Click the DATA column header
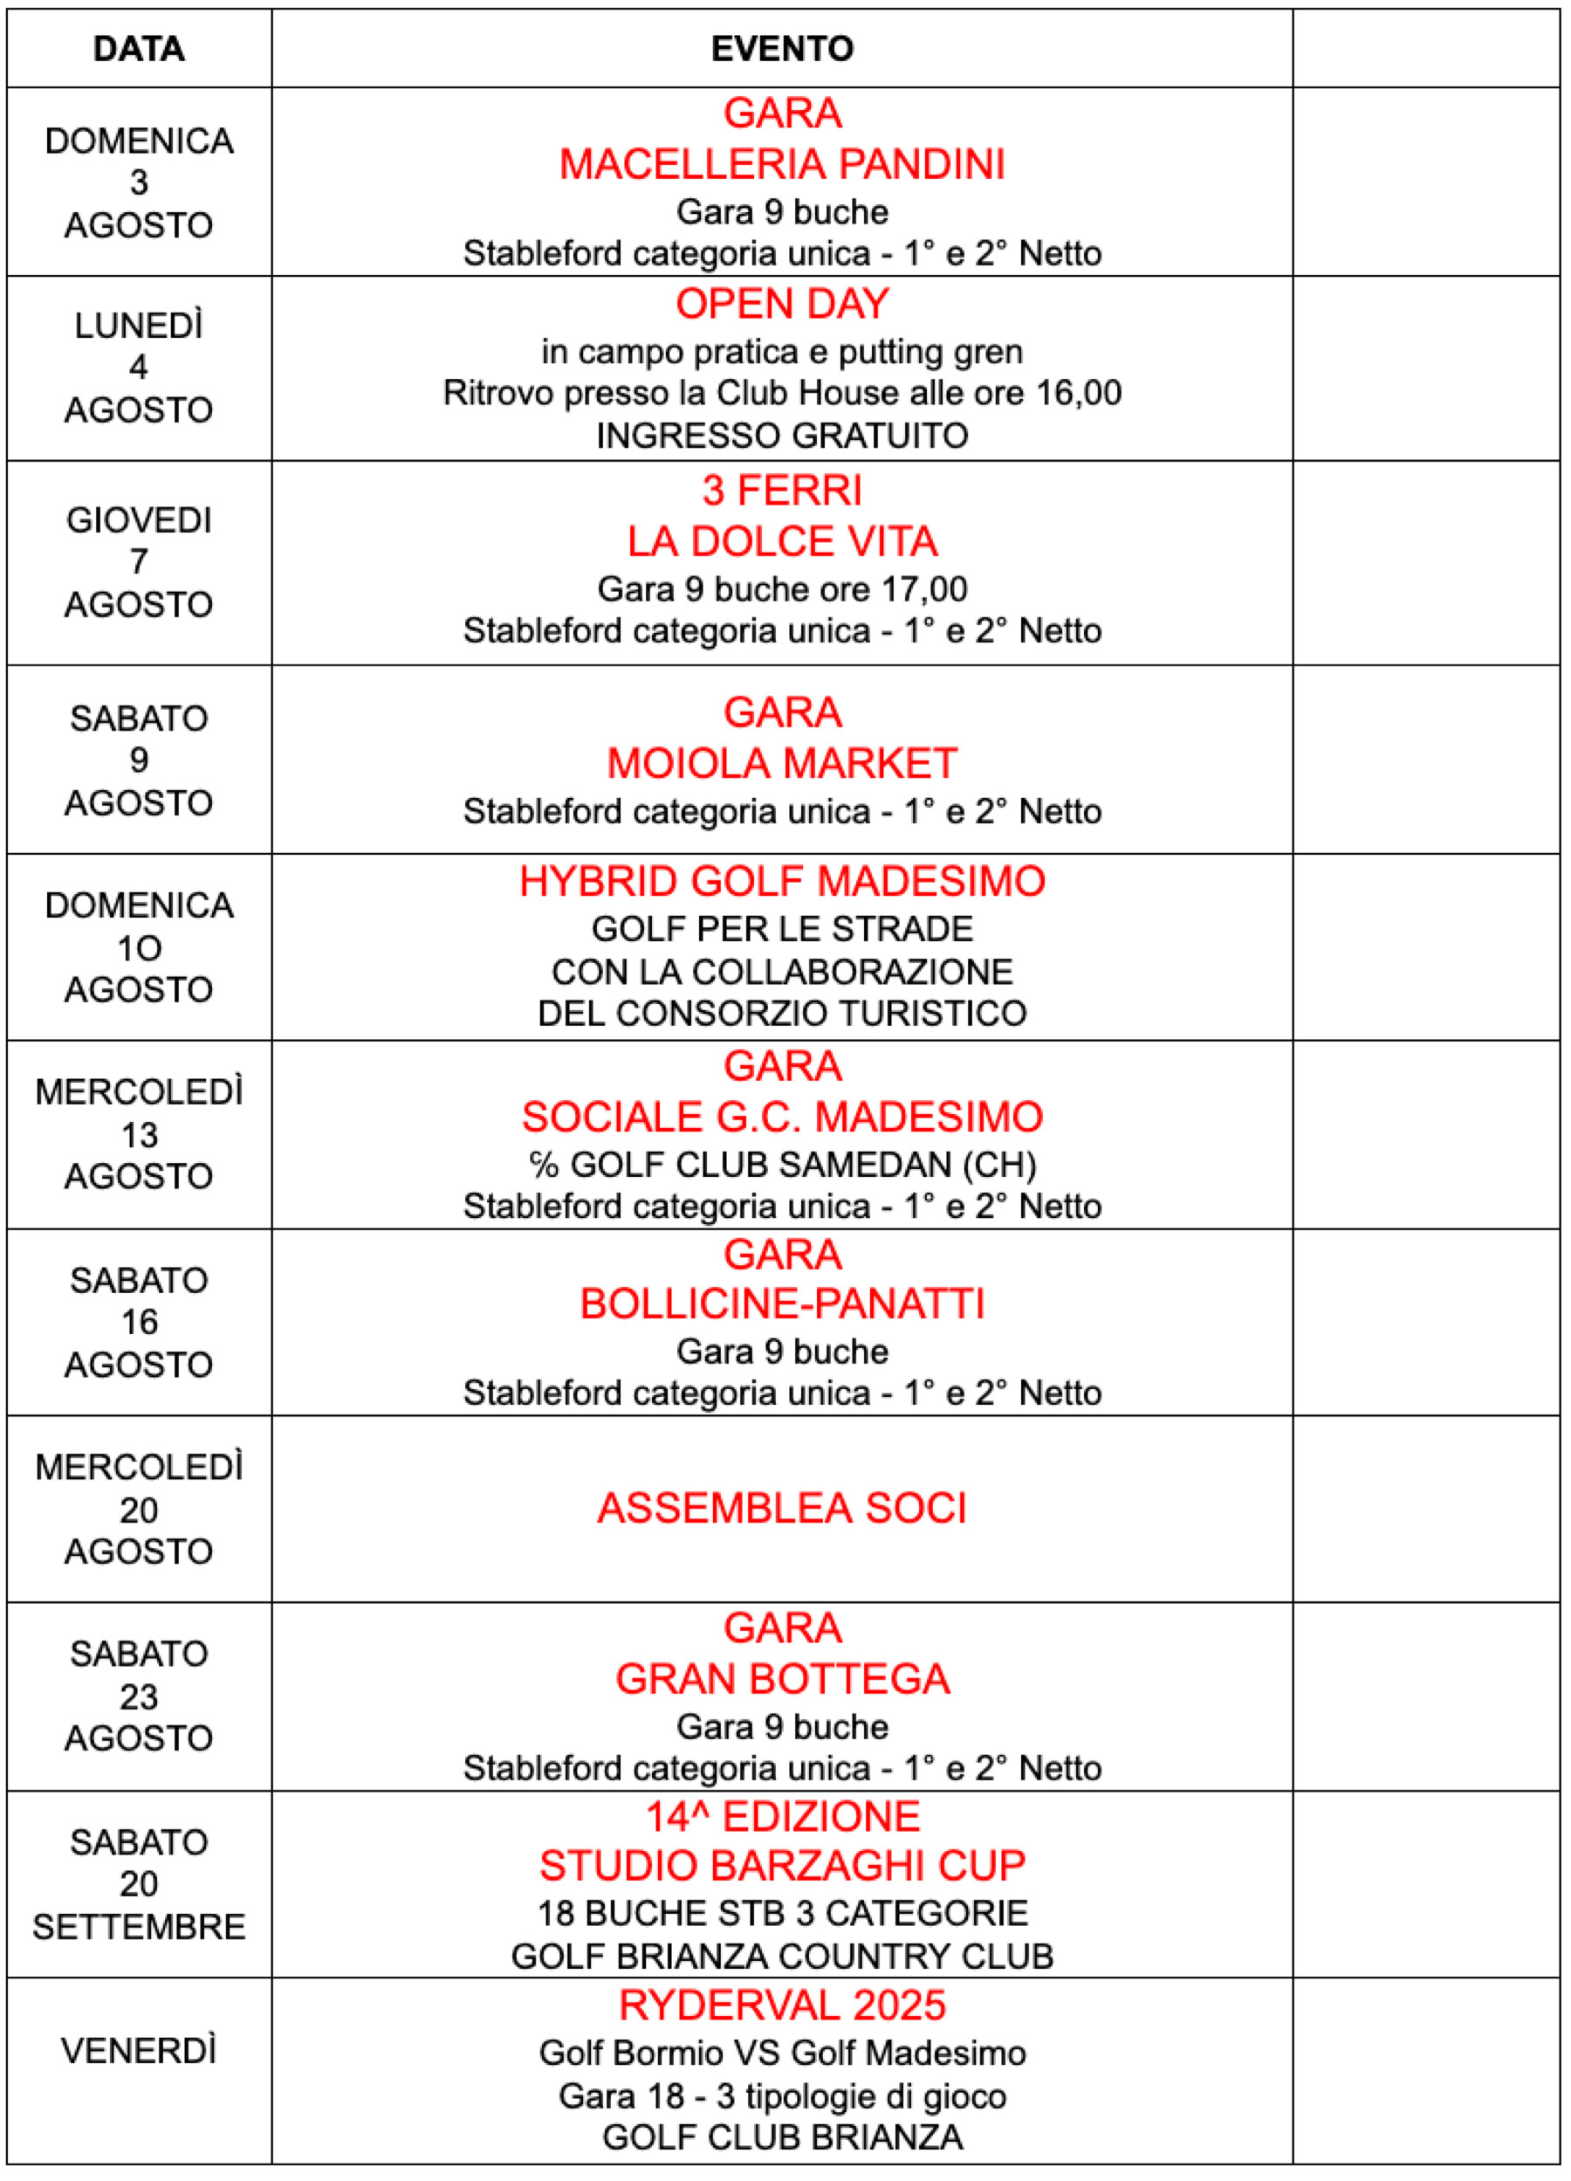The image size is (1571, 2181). click(139, 49)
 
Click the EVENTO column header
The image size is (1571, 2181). click(782, 49)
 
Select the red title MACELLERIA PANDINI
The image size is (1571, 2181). click(782, 164)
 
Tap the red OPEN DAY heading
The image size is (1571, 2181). click(782, 304)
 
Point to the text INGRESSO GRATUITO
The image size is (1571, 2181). click(782, 436)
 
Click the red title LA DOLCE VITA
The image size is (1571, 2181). click(782, 541)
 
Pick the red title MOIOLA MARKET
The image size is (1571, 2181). click(782, 764)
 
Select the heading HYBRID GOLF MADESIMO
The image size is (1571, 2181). click(782, 881)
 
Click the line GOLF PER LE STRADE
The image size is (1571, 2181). click(782, 929)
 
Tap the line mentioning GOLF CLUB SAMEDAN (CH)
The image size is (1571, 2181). click(782, 1165)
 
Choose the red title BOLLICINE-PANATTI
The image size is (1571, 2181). click(782, 1304)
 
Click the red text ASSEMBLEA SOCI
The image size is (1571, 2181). click(782, 1508)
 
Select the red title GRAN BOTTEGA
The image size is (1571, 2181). click(782, 1679)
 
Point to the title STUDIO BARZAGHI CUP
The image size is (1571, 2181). click(782, 1866)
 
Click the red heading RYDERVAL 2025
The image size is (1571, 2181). click(782, 2005)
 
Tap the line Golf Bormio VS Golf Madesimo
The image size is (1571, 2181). click(782, 2054)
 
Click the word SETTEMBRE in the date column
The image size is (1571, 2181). click(139, 1927)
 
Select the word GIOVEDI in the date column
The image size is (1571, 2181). click(139, 520)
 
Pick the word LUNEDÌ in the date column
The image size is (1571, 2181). click(139, 327)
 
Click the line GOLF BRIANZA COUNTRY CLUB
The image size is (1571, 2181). click(782, 1956)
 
